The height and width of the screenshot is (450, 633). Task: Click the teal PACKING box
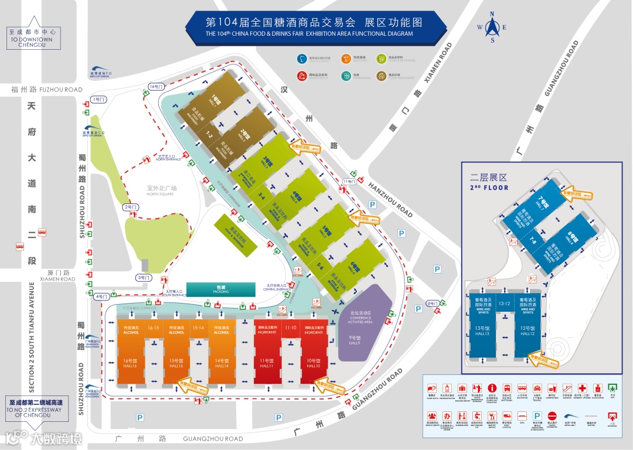[x=221, y=289]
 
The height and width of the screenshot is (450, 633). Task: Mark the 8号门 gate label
[x=433, y=303]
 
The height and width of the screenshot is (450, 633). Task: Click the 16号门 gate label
[x=155, y=87]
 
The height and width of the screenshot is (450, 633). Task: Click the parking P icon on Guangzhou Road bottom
[x=140, y=418]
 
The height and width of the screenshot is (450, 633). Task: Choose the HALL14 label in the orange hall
[x=222, y=363]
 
